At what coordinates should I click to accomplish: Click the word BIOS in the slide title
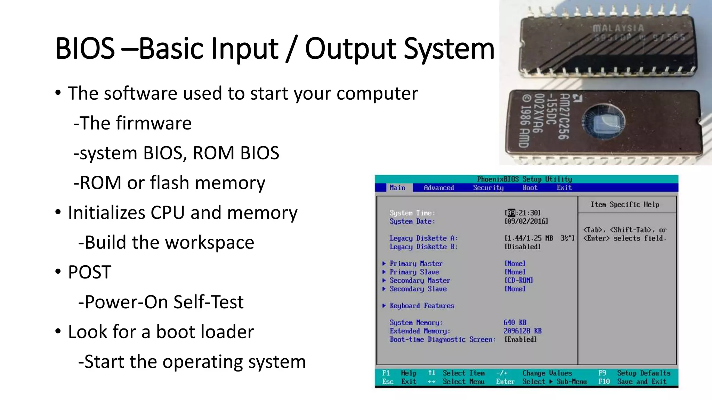tap(85, 49)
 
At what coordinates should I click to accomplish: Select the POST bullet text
tap(90, 272)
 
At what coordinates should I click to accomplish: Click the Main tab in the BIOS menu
tap(397, 188)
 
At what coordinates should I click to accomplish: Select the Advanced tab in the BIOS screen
tap(439, 188)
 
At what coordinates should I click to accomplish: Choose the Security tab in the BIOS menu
tap(488, 188)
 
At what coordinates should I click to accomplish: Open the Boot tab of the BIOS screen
tap(530, 188)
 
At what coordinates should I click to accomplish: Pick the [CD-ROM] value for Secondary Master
tap(519, 280)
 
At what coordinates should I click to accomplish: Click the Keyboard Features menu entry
tap(422, 306)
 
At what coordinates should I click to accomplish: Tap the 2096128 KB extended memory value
tap(523, 331)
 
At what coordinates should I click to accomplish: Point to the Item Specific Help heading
tap(625, 205)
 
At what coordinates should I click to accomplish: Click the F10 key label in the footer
tap(604, 382)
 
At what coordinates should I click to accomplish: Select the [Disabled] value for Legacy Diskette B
tap(523, 247)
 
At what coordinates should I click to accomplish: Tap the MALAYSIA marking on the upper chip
tap(618, 28)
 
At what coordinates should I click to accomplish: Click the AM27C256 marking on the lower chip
tap(564, 116)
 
